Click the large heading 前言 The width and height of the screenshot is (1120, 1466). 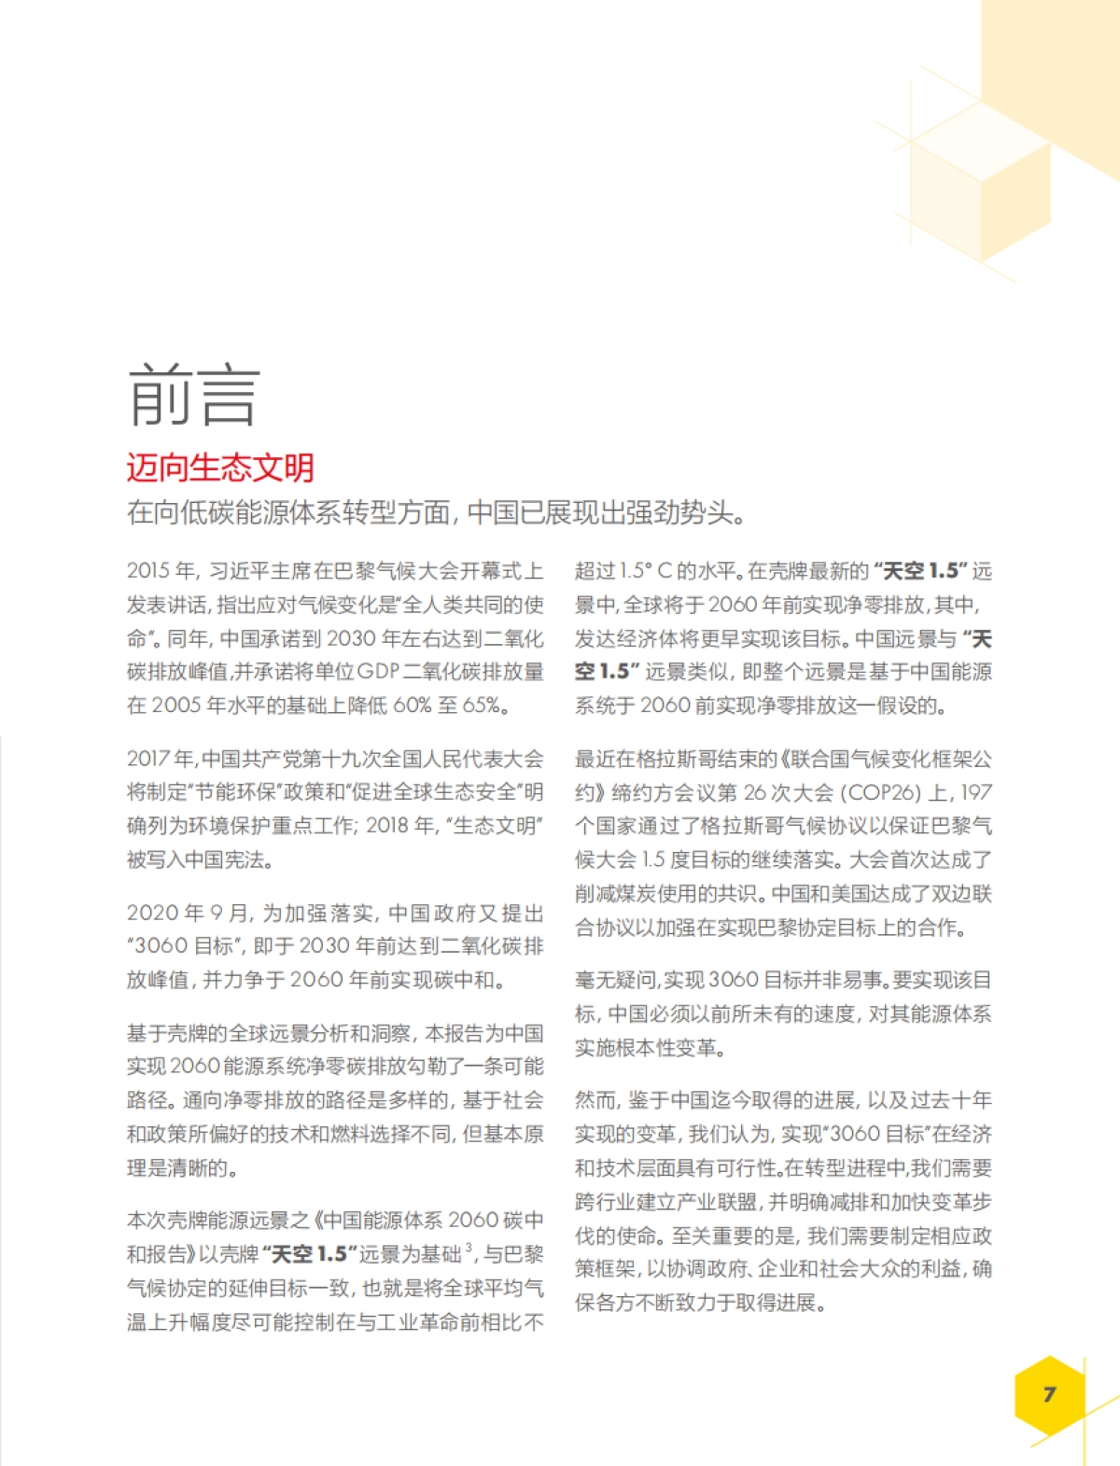click(193, 396)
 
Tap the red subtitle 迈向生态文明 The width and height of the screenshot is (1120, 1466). click(220, 468)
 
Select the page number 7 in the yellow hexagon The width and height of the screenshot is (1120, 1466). click(1050, 1394)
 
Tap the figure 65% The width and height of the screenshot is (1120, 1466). click(482, 705)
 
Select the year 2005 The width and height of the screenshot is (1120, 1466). click(176, 705)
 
